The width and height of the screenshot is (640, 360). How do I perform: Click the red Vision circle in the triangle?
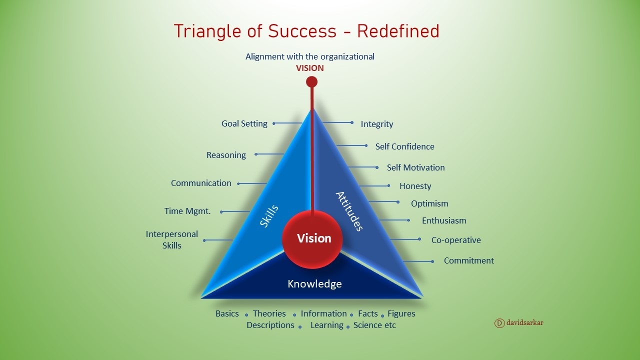[x=312, y=239]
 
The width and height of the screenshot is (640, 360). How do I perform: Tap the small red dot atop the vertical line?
[x=311, y=81]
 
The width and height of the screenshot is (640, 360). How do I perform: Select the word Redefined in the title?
[x=398, y=31]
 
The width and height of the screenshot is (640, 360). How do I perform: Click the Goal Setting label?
[x=244, y=123]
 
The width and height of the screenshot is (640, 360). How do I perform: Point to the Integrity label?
[x=377, y=124]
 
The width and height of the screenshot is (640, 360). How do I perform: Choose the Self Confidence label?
[x=405, y=146]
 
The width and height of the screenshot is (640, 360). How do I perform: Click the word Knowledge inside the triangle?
[x=314, y=283]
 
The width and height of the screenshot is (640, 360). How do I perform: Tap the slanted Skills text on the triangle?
[x=269, y=216]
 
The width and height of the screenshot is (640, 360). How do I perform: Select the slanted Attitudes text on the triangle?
[x=349, y=211]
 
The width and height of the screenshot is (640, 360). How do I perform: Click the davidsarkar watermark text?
[x=525, y=322]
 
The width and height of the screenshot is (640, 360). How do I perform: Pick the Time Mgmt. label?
[x=187, y=211]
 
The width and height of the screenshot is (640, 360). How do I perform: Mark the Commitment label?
[x=469, y=260]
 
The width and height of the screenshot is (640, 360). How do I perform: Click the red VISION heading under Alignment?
[x=309, y=68]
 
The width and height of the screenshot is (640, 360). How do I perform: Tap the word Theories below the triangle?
[x=269, y=313]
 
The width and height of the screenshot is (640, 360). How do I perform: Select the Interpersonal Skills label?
[x=171, y=239]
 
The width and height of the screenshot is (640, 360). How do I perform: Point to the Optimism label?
[x=429, y=203]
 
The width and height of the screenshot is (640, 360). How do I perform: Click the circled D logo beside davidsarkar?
[x=499, y=323]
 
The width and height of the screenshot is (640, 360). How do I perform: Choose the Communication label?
[x=201, y=183]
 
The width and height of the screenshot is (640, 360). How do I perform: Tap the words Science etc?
[x=374, y=325]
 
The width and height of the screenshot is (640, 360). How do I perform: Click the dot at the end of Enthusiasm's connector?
[x=408, y=220]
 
